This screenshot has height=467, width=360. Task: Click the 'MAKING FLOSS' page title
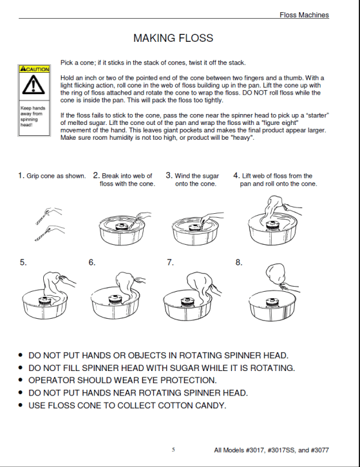pos(173,38)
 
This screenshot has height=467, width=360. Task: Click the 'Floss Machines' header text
pos(304,15)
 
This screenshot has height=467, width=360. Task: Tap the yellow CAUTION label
pos(33,68)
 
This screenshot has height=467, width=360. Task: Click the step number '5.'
pos(23,262)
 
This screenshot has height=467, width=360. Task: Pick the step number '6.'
pos(92,262)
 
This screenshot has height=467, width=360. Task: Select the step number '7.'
pos(171,262)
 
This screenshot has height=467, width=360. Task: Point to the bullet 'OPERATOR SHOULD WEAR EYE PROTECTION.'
pos(122,380)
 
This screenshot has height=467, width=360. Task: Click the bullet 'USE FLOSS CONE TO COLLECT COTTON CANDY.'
pos(128,405)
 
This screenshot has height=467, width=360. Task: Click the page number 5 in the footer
pos(173,450)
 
